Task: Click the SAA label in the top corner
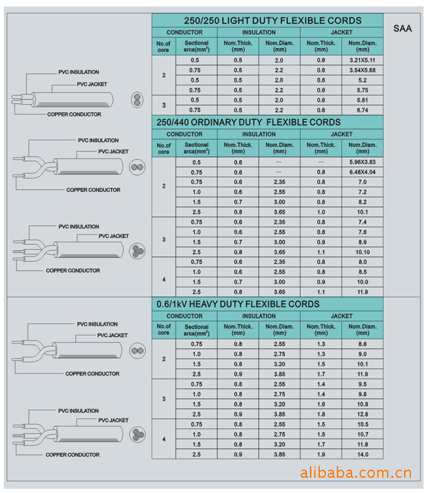click(403, 28)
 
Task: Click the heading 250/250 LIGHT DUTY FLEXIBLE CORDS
click(268, 20)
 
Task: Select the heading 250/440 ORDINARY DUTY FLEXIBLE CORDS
click(249, 122)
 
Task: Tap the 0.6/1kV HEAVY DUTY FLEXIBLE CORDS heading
click(238, 304)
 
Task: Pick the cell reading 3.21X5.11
click(363, 61)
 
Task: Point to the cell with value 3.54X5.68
click(363, 70)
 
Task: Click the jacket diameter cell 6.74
click(363, 109)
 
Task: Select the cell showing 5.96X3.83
click(363, 162)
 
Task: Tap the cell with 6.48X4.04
click(363, 172)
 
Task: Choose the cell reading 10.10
click(363, 251)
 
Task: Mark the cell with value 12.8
click(363, 414)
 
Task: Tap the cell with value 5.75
click(363, 90)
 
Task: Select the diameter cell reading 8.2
click(363, 201)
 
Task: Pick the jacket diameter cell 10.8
click(363, 404)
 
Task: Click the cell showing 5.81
click(363, 100)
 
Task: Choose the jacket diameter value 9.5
click(363, 384)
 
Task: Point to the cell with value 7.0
click(363, 182)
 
